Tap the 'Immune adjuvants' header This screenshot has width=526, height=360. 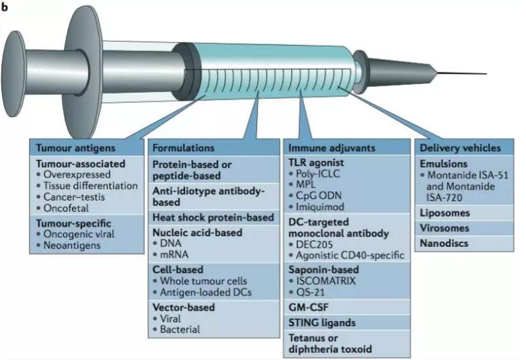[322, 147]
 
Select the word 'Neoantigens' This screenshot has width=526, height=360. [71, 246]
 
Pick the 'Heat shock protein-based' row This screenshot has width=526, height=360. [213, 217]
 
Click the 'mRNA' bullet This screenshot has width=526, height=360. [176, 255]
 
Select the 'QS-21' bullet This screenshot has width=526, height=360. [311, 293]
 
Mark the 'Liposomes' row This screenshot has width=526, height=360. [445, 213]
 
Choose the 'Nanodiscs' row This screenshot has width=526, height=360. [445, 242]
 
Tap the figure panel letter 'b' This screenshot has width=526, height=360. [5, 5]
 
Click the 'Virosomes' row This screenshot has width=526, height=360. [445, 228]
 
